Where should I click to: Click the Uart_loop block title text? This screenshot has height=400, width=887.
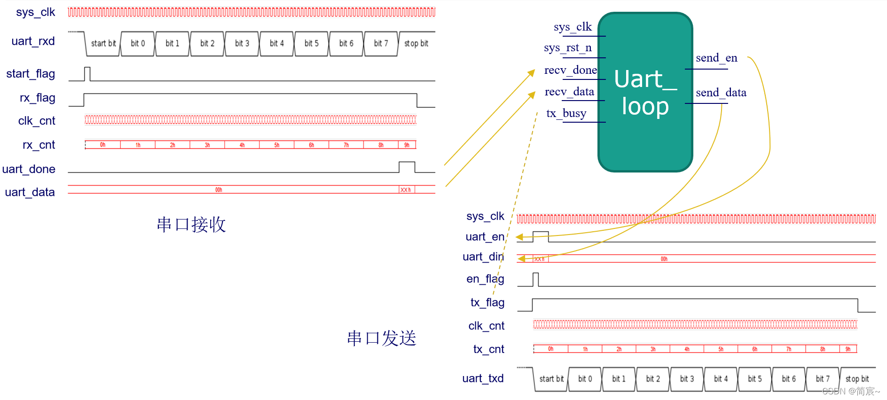pyautogui.click(x=645, y=92)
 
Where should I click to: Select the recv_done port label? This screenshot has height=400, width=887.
pyautogui.click(x=570, y=71)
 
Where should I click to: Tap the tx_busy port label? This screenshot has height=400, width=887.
pyautogui.click(x=566, y=114)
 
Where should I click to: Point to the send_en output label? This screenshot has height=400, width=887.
pyautogui.click(x=716, y=58)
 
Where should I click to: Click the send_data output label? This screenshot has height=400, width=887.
pyautogui.click(x=721, y=93)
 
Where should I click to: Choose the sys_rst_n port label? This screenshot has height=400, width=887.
pyautogui.click(x=567, y=48)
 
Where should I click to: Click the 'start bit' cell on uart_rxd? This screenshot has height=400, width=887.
pyautogui.click(x=103, y=44)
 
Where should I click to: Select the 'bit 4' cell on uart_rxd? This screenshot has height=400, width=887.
pyautogui.click(x=276, y=44)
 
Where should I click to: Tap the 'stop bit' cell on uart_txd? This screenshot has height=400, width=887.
pyautogui.click(x=857, y=379)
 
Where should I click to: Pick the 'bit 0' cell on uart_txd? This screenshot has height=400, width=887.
pyautogui.click(x=585, y=379)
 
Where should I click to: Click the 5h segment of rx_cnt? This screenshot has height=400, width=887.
pyautogui.click(x=276, y=145)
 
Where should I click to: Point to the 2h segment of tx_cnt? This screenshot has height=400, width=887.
pyautogui.click(x=619, y=349)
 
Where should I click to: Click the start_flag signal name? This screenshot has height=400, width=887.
pyautogui.click(x=31, y=74)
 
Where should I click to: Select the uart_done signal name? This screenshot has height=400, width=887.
pyautogui.click(x=29, y=169)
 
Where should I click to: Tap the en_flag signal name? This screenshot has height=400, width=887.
pyautogui.click(x=485, y=279)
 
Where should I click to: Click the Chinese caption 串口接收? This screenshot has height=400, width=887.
pyautogui.click(x=191, y=225)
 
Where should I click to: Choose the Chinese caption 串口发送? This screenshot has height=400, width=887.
pyautogui.click(x=381, y=338)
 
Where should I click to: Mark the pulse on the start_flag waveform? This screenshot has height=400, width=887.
pyautogui.click(x=87, y=74)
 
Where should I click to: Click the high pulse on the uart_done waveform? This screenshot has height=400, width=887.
pyautogui.click(x=407, y=167)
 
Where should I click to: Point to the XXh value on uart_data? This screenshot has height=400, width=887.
pyautogui.click(x=406, y=190)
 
